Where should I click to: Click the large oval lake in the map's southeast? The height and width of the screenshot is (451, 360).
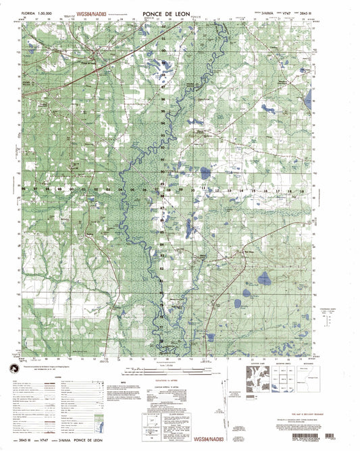[x=265, y=277]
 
